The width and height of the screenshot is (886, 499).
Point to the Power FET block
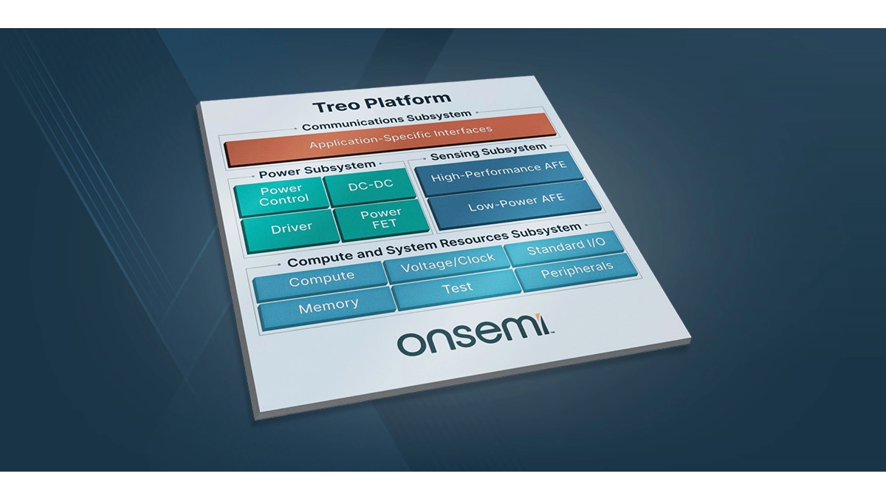(x=380, y=220)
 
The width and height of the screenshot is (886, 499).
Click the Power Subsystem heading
(x=317, y=169)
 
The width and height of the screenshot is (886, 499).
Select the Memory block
(x=329, y=305)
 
